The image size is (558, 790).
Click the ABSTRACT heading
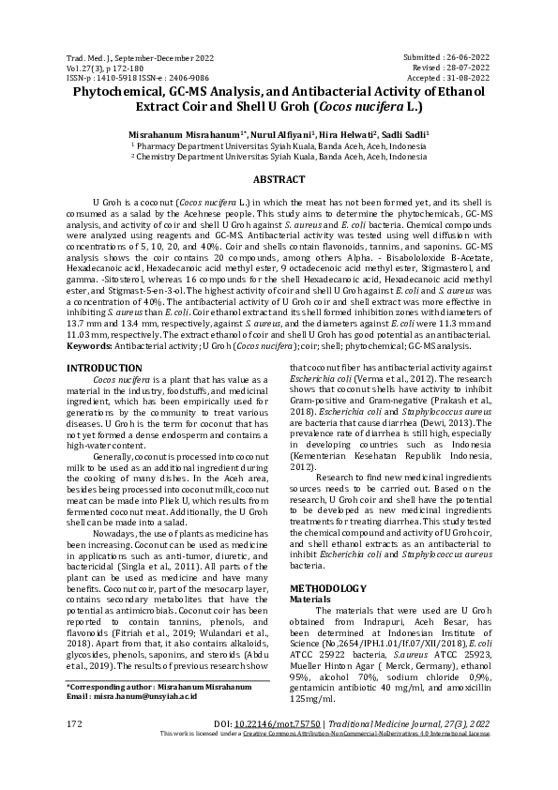coord(279,179)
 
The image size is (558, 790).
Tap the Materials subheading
coord(309,598)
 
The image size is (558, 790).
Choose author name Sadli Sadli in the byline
coord(408,135)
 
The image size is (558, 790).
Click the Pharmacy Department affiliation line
coord(279,146)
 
